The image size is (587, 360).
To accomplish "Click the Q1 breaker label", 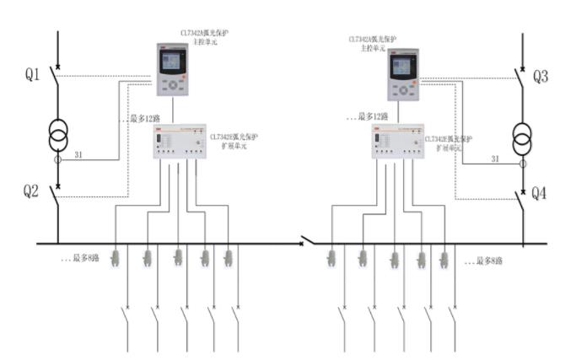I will (32, 76).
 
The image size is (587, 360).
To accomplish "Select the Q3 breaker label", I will (541, 78).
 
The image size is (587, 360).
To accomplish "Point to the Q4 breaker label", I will (541, 194).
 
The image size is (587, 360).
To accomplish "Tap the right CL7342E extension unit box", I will (396, 142).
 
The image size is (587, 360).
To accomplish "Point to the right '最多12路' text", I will (372, 116).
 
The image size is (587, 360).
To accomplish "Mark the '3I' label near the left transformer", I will (78, 153).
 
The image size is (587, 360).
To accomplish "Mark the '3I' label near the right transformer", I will (496, 159).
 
